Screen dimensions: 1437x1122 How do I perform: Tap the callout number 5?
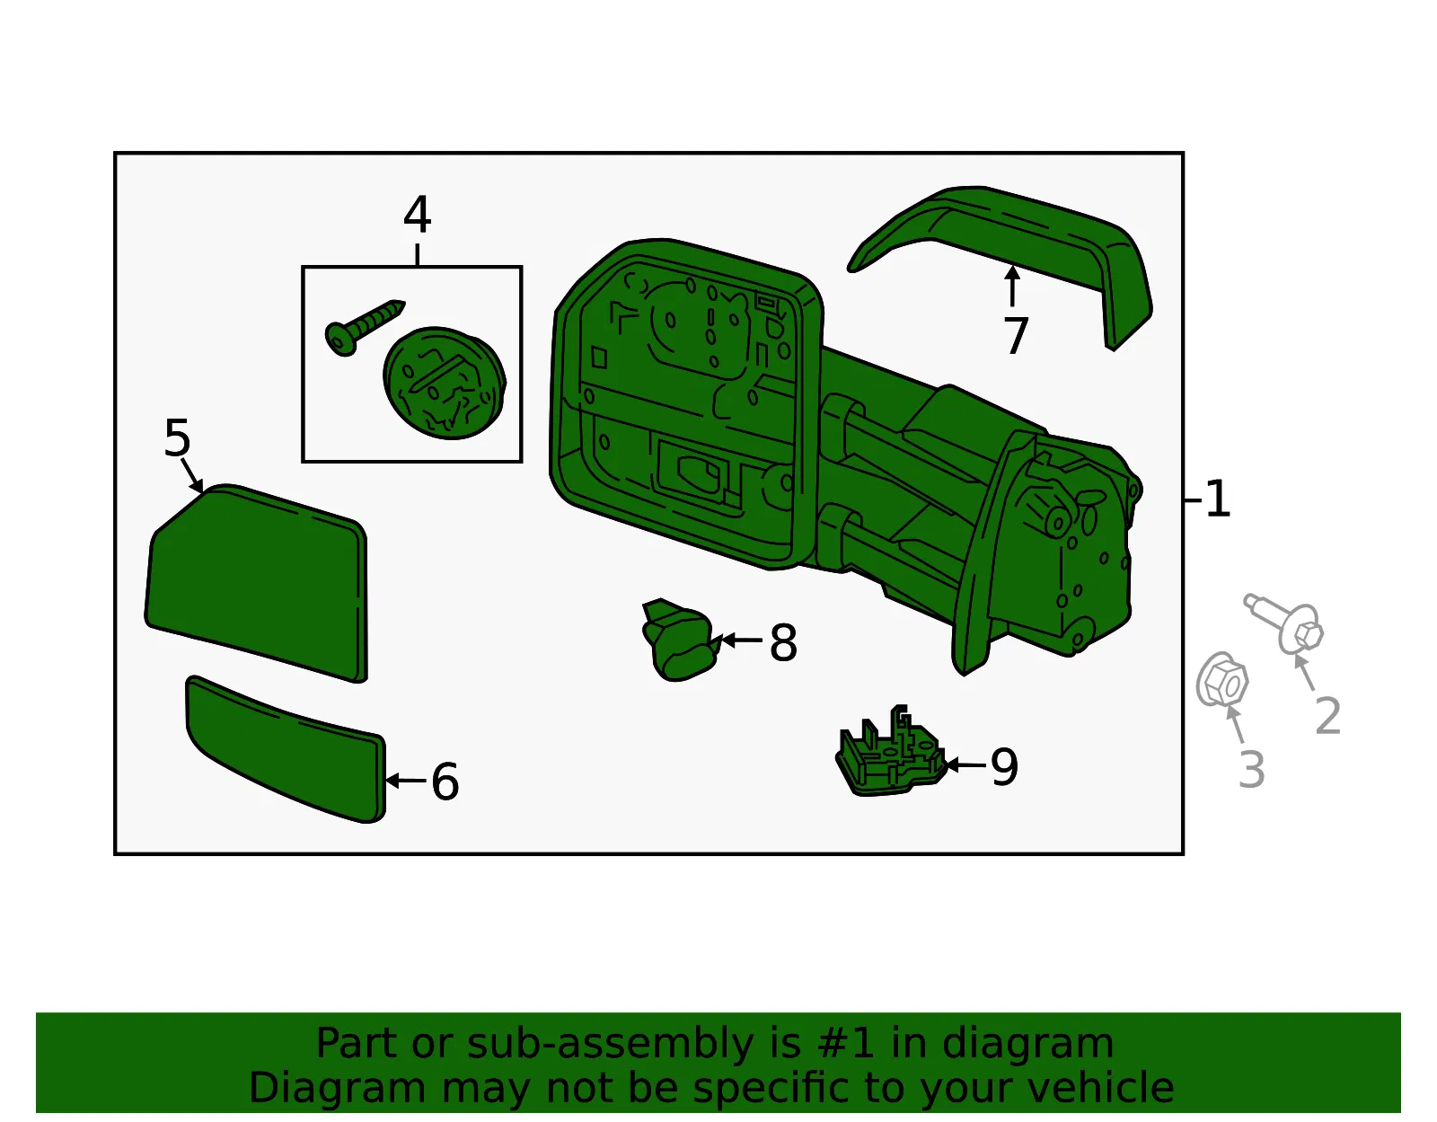click(177, 437)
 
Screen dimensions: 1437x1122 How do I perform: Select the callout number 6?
click(445, 781)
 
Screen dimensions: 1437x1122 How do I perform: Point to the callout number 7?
click(1016, 335)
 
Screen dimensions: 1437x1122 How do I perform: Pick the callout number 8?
click(784, 642)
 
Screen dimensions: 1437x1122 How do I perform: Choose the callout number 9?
click(1004, 767)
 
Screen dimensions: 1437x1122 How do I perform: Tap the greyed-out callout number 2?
click(1328, 715)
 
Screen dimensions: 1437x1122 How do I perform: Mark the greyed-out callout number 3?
click(1252, 769)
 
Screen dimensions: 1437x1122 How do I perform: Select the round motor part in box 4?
click(445, 383)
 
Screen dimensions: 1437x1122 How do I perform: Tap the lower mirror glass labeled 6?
click(286, 749)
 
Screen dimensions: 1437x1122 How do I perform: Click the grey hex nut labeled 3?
click(1222, 680)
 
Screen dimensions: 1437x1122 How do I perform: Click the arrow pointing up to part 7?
click(1012, 286)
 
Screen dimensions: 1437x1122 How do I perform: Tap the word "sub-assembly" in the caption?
click(610, 1043)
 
